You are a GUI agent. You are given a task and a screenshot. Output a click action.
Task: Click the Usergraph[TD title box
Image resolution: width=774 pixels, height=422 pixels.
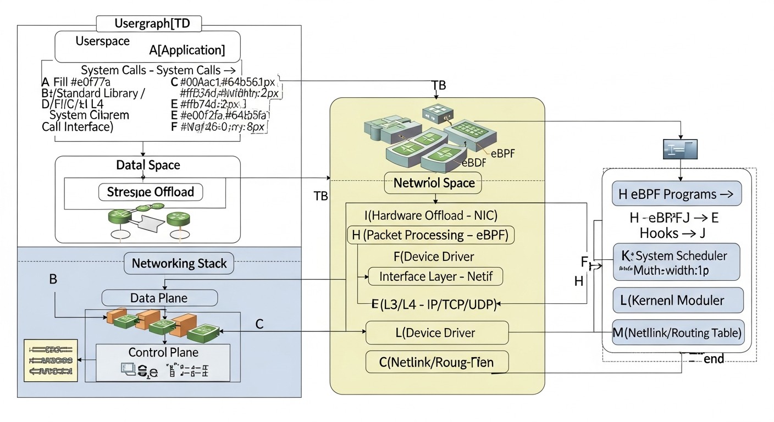point(149,24)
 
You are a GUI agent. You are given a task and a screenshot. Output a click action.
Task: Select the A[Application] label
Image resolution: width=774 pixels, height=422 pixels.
point(187,50)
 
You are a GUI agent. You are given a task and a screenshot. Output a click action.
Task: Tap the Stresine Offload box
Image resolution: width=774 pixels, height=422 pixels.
point(151,192)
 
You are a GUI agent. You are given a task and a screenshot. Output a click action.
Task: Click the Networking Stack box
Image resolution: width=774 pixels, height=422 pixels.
point(179,263)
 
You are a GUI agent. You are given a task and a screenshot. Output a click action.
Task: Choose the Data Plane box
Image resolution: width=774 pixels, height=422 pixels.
point(159,298)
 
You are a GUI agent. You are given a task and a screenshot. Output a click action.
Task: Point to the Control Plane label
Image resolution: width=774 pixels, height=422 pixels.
point(163,352)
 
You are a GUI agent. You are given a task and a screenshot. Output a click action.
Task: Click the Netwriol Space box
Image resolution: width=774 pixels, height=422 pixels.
point(433,183)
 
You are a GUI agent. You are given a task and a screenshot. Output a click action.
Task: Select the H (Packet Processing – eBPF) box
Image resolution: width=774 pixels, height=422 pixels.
point(430,235)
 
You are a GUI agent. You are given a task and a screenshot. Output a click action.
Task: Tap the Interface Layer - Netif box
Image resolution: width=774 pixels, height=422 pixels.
point(435,276)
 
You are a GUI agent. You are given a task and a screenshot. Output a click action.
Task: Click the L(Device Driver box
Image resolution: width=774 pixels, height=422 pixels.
point(437,332)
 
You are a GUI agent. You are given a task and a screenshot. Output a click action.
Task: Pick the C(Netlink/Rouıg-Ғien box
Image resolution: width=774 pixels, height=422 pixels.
point(437,362)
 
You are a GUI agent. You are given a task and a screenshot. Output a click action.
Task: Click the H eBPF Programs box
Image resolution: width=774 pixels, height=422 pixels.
point(676,194)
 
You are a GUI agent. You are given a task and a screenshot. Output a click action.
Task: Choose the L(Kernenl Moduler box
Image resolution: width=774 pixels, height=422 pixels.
point(677,301)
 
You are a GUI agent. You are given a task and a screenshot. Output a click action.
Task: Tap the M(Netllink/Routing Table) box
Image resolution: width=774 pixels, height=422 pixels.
point(678,332)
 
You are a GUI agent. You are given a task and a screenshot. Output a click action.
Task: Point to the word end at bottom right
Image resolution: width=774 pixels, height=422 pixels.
point(714,359)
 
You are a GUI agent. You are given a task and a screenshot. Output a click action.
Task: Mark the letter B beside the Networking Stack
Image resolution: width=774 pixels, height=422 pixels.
point(53,279)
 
